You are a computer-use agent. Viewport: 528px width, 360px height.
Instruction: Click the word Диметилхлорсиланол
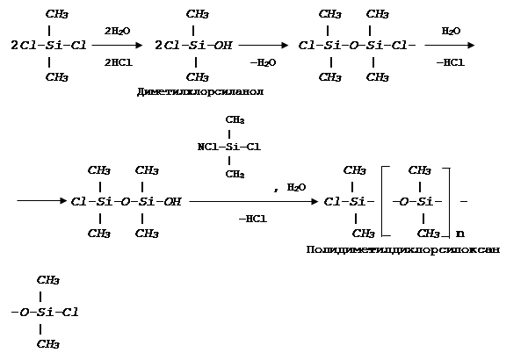[x=201, y=91]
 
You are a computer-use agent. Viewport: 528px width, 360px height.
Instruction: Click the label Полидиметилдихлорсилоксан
[x=403, y=250]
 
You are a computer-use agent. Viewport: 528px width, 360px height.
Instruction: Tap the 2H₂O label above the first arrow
[x=117, y=31]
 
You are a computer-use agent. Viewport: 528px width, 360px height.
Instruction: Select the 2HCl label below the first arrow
[x=117, y=62]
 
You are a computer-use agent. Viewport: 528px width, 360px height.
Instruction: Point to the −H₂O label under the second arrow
[x=262, y=62]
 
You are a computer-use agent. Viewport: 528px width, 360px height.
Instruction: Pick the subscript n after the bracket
[x=460, y=234]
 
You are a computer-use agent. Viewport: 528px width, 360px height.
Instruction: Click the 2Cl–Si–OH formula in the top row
[x=192, y=46]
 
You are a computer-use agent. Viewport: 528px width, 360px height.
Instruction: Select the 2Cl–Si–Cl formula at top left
[x=49, y=46]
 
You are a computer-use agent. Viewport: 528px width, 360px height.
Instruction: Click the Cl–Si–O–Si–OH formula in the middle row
[x=126, y=201]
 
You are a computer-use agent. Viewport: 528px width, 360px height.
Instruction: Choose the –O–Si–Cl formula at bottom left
[x=45, y=312]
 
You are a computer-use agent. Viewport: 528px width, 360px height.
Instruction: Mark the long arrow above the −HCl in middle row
[x=254, y=201]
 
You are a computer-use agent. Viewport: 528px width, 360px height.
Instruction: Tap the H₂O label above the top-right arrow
[x=450, y=31]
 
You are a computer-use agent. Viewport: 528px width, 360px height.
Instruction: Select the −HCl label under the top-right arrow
[x=450, y=62]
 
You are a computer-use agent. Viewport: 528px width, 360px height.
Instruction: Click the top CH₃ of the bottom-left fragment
[x=48, y=280]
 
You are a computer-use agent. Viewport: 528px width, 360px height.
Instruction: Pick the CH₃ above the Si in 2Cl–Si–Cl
[x=57, y=14]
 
